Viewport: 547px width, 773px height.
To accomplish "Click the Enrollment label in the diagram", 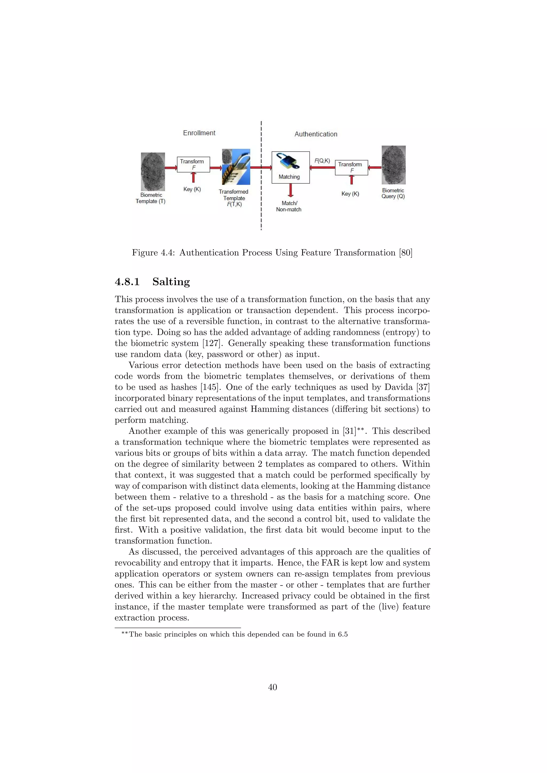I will (x=199, y=133).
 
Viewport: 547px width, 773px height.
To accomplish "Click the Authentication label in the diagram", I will (x=316, y=134).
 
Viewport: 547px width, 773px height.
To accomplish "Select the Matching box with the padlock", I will (x=290, y=167).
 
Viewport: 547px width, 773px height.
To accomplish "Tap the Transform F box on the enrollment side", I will (x=193, y=164).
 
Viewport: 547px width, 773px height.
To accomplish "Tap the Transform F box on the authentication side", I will (x=351, y=167).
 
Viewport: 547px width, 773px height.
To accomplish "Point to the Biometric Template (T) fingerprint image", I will (x=153, y=172).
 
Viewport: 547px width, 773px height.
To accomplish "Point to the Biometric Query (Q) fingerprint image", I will (x=393, y=165).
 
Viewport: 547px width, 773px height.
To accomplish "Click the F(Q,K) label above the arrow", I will (x=322, y=161).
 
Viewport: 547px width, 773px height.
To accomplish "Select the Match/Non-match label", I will (x=289, y=206).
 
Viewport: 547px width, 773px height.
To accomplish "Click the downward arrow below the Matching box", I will (x=290, y=191).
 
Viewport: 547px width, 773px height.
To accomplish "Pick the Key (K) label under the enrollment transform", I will (x=192, y=189).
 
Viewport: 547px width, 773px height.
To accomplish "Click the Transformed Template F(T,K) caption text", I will (x=233, y=198).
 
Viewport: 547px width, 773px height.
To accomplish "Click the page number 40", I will (x=272, y=687).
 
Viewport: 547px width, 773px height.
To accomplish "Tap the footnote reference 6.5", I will (x=343, y=634).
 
